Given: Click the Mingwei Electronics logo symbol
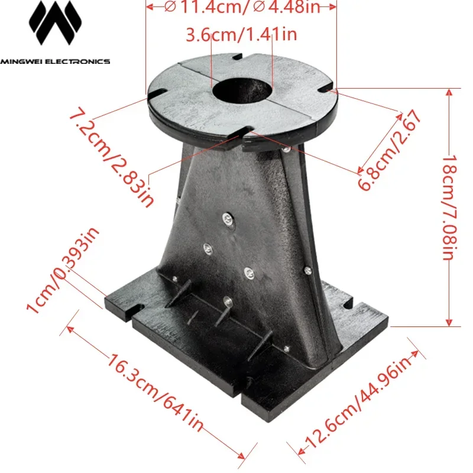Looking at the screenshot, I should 55,27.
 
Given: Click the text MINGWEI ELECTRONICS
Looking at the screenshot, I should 55,61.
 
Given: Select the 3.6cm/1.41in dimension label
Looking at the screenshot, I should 241,35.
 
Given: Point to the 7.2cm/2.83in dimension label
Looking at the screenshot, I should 112,157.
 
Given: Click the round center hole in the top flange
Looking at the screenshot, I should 242,92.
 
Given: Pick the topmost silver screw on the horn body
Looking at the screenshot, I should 227,219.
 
